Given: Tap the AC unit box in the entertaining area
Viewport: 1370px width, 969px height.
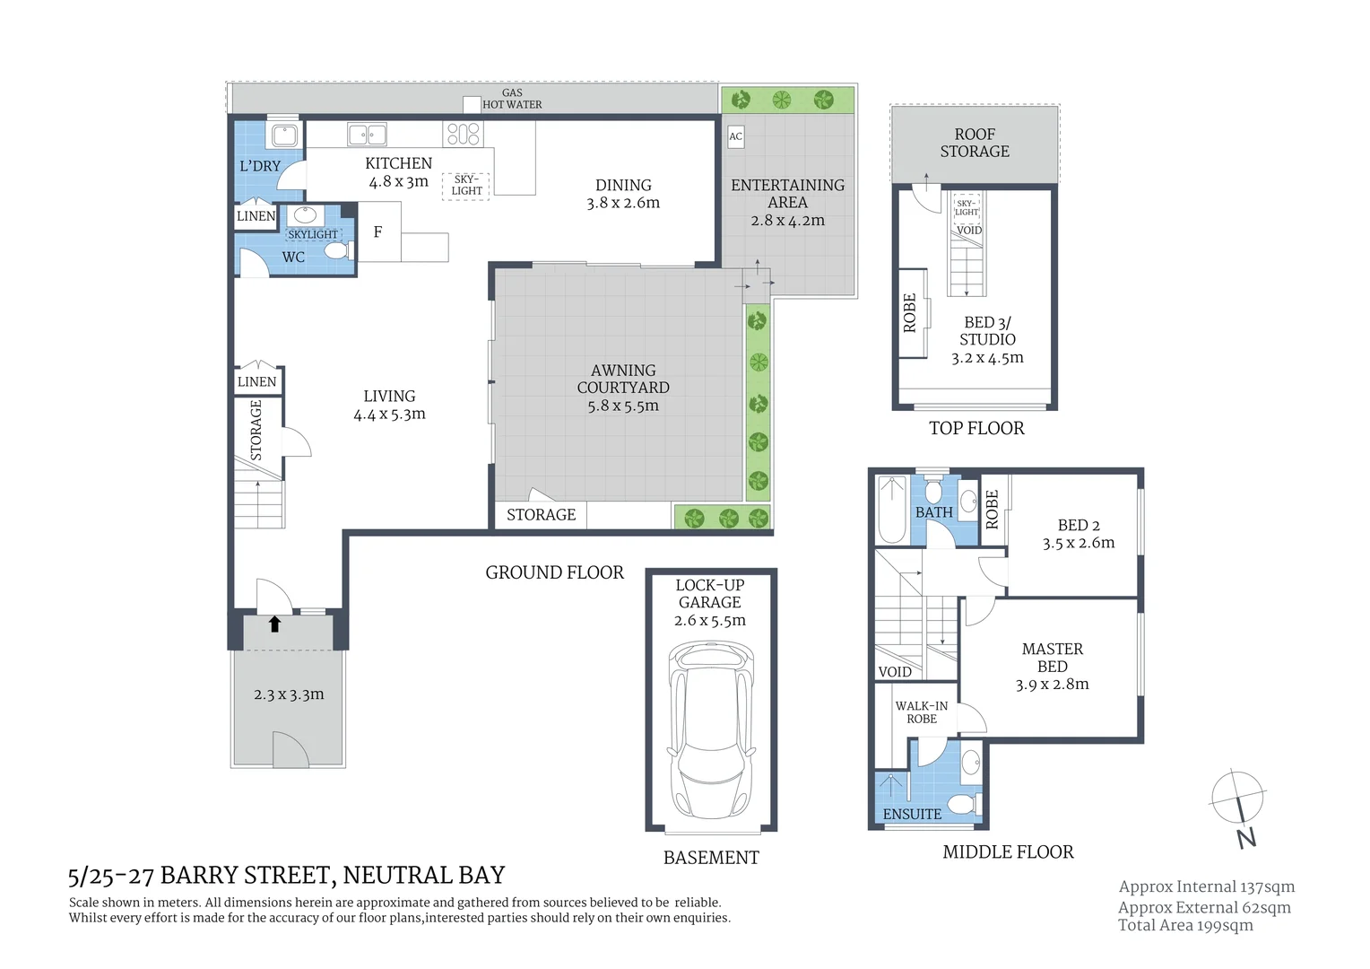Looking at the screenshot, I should pos(735,136).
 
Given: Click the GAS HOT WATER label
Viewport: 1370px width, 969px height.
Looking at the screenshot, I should pos(512,99).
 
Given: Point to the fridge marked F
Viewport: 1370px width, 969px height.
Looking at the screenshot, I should pos(377,231).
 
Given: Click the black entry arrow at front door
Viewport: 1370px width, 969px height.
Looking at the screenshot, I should pos(274,624).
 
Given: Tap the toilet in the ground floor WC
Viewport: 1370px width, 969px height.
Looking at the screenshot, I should pos(336,250).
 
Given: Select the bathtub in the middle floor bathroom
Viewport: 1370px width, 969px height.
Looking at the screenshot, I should pos(892,510).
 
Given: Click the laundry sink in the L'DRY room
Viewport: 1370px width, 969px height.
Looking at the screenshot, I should pos(284,135).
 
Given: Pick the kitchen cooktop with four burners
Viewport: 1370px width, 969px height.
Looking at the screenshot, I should pos(463,135).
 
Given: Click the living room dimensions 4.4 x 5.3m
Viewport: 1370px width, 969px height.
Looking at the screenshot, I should pos(389,415).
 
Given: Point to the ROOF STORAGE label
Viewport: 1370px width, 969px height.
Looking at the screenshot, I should pos(975,143).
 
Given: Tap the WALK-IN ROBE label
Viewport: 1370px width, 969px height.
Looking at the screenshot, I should pos(921,712).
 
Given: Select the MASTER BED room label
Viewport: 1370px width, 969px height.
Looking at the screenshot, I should pos(1052,657).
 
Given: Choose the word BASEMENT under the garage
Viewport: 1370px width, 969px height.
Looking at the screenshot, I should pos(711,858).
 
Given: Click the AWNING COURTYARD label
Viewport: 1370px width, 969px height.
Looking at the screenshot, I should pos(623,379).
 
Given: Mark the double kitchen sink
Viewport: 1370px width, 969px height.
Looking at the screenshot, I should pos(367,135).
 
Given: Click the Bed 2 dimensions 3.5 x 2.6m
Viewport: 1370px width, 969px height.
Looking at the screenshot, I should pos(1079,543).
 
